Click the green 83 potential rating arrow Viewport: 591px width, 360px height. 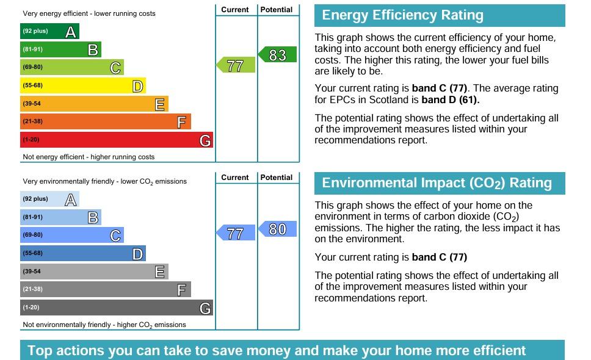tap(277, 55)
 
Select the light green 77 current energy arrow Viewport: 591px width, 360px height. tap(236, 65)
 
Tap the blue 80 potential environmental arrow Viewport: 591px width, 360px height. tap(277, 229)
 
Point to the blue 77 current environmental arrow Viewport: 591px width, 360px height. tap(236, 233)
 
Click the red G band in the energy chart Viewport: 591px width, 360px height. tap(116, 140)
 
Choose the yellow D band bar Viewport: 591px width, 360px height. tap(82, 86)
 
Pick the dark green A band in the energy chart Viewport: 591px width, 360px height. tap(49, 32)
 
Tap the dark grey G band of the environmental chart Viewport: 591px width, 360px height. tap(116, 308)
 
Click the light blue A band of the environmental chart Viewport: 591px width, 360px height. tap(49, 200)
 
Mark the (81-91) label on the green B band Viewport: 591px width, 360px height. tap(33, 49)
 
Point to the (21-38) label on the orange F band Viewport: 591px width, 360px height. tap(33, 122)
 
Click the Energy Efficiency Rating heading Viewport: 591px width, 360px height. tap(402, 15)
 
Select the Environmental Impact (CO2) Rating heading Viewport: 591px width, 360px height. tap(437, 183)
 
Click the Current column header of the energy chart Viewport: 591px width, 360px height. tap(235, 10)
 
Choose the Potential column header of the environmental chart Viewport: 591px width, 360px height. tap(277, 178)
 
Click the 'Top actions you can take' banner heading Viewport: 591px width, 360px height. tap(277, 351)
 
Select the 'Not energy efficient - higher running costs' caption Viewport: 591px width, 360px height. tap(89, 157)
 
